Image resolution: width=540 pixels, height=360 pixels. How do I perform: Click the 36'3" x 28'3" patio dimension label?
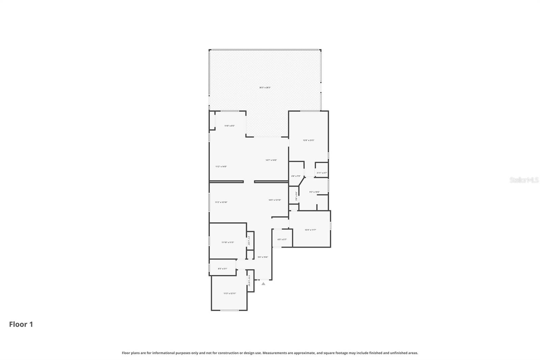click(265, 87)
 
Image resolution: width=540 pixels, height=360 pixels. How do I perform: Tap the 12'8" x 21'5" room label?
click(308, 140)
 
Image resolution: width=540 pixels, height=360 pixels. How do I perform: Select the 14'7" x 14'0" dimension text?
click(271, 160)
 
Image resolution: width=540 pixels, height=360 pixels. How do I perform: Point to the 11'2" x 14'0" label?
click(221, 166)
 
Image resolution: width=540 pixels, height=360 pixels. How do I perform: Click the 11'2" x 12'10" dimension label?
click(221, 202)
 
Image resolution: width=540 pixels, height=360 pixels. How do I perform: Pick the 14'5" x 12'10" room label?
click(275, 200)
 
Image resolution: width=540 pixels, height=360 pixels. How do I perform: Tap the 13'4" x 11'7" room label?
click(310, 230)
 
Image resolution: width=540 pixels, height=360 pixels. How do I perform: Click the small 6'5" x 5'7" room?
click(282, 239)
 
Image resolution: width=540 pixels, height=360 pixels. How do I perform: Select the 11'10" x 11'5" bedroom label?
click(227, 242)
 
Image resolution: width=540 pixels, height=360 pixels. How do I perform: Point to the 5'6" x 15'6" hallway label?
click(263, 257)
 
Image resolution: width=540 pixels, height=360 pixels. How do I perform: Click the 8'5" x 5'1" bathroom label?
click(222, 269)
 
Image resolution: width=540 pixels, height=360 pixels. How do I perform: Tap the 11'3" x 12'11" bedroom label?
click(230, 293)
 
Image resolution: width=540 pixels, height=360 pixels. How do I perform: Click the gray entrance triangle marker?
click(263, 284)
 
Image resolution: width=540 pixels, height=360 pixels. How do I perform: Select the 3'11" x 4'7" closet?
click(322, 173)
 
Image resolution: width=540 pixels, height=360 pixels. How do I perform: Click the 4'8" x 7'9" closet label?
click(296, 176)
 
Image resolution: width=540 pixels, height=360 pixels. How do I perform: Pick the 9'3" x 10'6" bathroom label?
click(314, 192)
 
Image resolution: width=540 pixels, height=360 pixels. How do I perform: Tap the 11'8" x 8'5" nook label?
click(230, 126)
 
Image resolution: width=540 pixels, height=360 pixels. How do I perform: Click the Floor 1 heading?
click(21, 325)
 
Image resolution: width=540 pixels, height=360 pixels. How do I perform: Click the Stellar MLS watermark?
click(524, 180)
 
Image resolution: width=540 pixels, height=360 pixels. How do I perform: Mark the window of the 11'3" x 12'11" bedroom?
click(230, 310)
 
